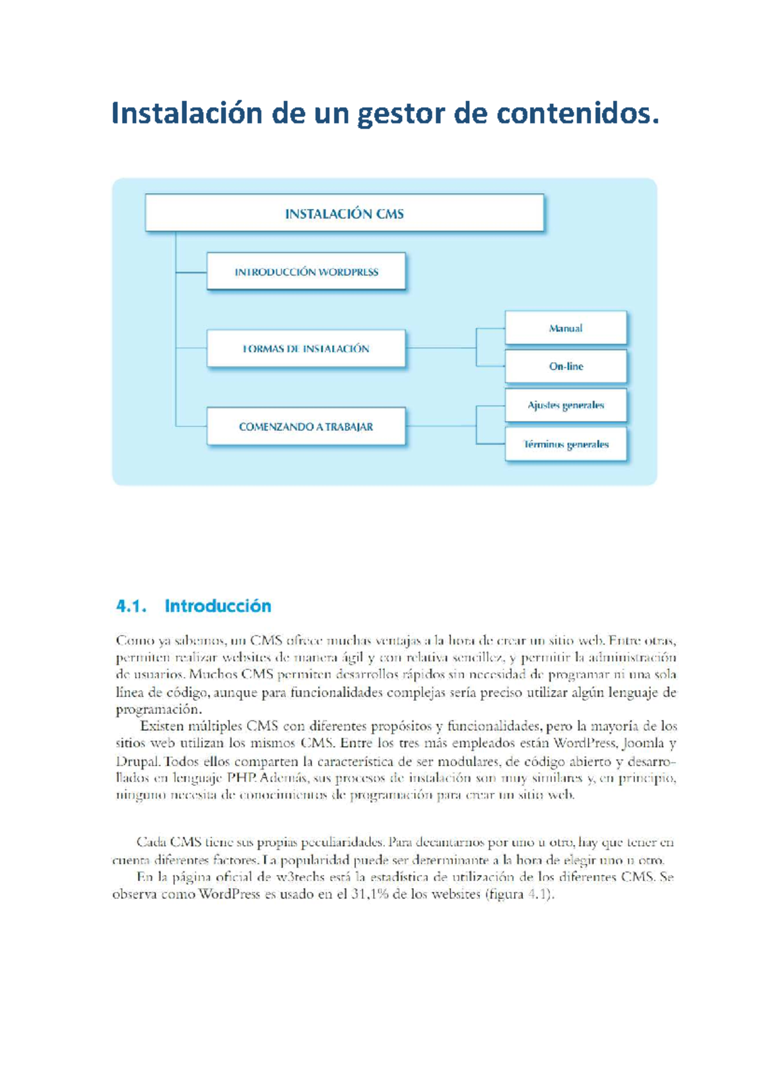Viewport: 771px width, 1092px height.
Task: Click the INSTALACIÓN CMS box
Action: [344, 213]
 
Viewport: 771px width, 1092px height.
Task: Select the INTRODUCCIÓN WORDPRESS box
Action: [306, 271]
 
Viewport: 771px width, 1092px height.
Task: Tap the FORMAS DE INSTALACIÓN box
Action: [306, 349]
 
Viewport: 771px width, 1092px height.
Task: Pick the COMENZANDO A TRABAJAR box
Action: [306, 426]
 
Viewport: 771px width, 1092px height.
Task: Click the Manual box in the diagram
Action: [565, 328]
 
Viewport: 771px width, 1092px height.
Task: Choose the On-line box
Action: [565, 367]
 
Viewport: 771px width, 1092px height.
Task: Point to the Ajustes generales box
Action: [565, 405]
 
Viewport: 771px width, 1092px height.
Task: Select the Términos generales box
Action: [565, 444]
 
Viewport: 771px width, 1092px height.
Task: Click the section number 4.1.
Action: [131, 606]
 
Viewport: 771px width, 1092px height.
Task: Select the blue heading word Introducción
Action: [218, 606]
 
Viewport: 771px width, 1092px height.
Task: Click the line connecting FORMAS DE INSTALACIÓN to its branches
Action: [441, 349]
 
